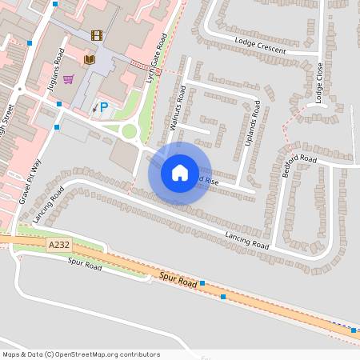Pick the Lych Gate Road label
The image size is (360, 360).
coord(157,54)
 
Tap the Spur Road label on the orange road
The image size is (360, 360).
coord(177,282)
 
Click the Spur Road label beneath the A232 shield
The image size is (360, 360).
coord(85,263)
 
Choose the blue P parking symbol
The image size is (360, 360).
coord(103,106)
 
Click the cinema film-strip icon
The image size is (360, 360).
coord(97,35)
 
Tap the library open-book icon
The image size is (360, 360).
coord(88,60)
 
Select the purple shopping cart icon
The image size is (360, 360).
coord(69,79)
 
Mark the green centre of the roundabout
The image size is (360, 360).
coord(129,131)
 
